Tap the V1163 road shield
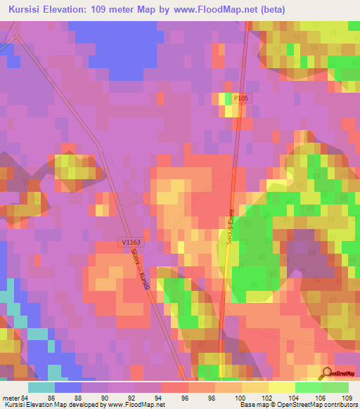tap(130, 242)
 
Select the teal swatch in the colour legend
tap(41, 387)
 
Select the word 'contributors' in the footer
tap(340, 405)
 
